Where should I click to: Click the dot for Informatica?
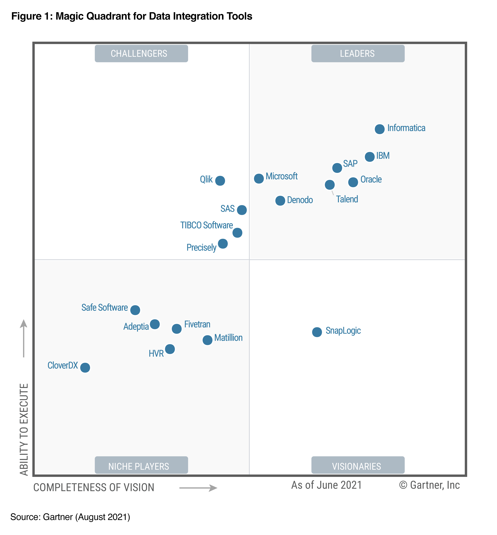coord(379,129)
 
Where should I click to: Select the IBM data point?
coord(370,157)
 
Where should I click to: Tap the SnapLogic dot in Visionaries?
coord(317,332)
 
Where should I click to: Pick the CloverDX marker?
coord(85,368)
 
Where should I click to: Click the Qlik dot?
coord(220,181)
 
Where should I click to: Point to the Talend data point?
coord(330,185)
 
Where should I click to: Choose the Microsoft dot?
coord(259,178)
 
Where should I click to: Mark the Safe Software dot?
coord(135,310)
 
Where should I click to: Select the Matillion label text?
coord(228,338)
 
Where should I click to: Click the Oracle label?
coord(371,179)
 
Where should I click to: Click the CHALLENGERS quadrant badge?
coord(141,54)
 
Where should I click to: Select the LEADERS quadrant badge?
coord(358,54)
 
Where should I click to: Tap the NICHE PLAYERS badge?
coord(141,466)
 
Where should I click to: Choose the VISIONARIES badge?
coord(358,466)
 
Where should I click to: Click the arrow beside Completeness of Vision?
coord(198,488)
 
